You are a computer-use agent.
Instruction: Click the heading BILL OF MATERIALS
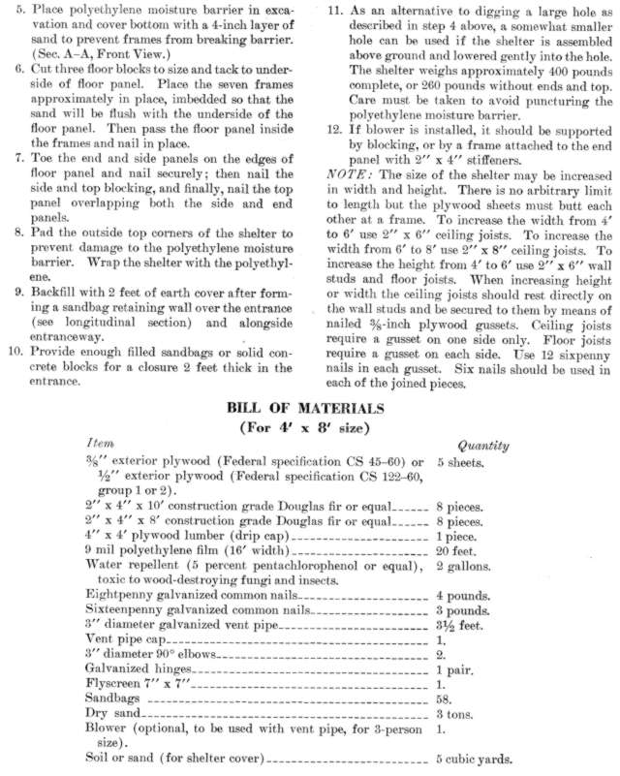point(309,410)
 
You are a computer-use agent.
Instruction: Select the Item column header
point(100,443)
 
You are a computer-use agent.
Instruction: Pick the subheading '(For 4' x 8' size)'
point(309,427)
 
